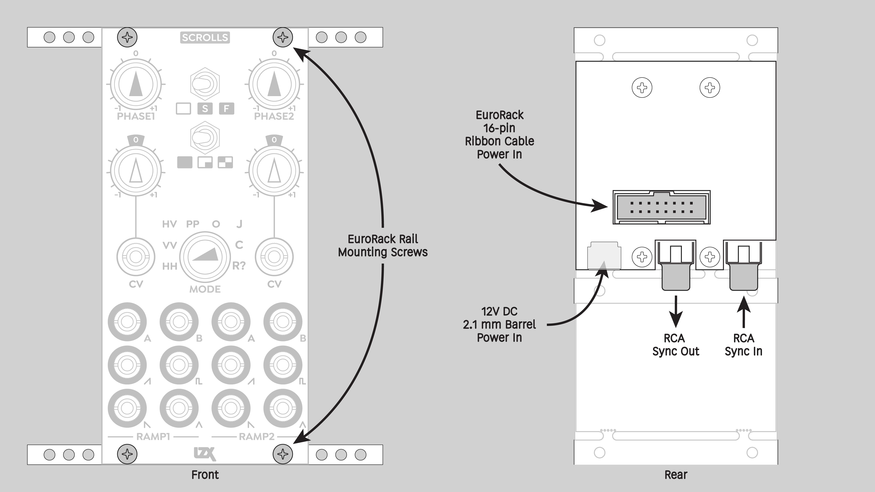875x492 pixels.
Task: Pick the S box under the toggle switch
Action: click(205, 109)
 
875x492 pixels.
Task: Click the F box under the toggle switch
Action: click(226, 109)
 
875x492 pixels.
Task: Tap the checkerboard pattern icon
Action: click(225, 162)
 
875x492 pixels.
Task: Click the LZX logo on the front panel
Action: click(205, 454)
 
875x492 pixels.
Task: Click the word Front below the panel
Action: click(205, 475)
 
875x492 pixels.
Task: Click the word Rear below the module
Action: click(676, 475)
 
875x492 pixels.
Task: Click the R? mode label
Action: click(239, 266)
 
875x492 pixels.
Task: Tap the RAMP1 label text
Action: click(153, 437)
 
